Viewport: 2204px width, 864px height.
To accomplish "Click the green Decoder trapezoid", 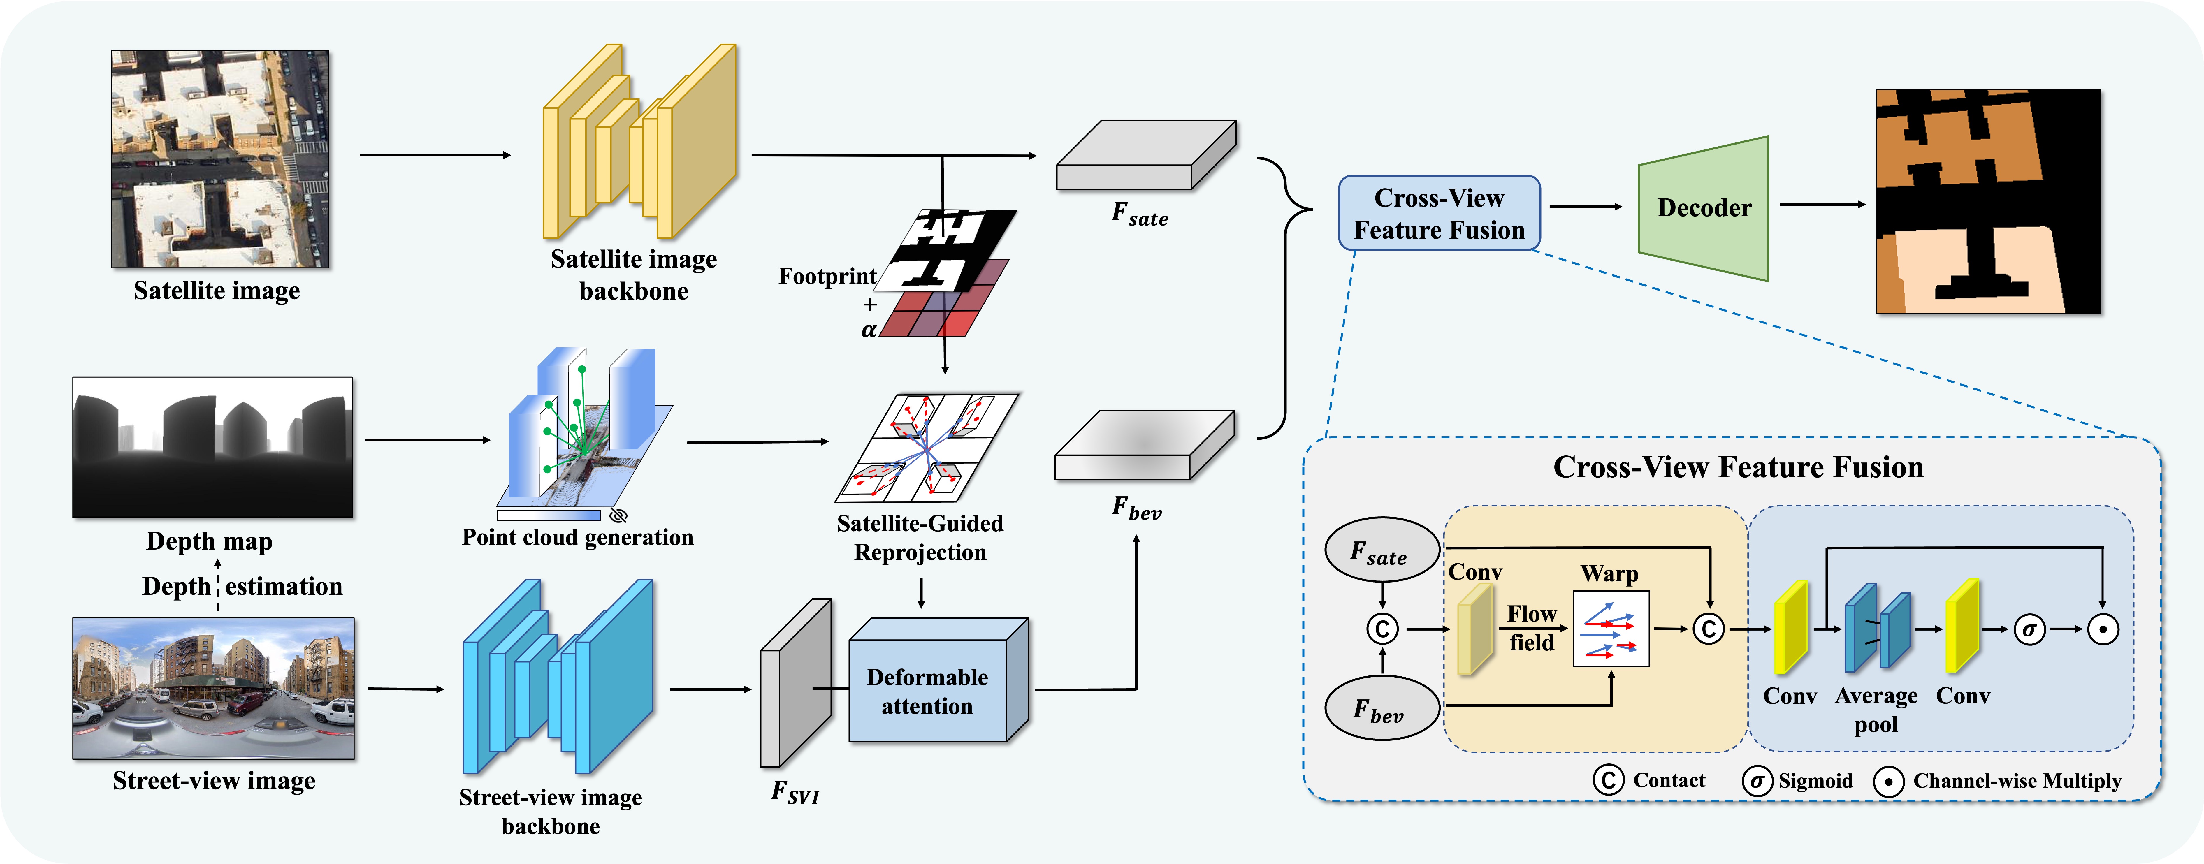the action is coord(1703,208).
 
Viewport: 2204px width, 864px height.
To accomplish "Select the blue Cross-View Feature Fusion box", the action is coord(1439,213).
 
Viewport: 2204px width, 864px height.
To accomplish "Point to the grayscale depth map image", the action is coord(212,446).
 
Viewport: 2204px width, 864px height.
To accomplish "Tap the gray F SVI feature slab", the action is coord(796,683).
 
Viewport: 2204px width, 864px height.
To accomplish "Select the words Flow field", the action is coord(1532,628).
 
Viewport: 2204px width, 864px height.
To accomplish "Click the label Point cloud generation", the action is coord(578,537).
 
